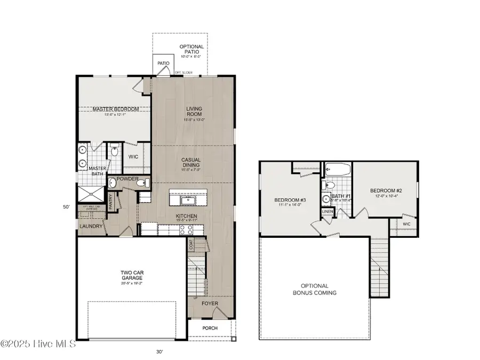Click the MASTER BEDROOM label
point(115,109)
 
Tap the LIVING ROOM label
point(194,112)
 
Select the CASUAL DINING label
point(191,162)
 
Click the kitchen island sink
point(188,200)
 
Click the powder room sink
point(113,183)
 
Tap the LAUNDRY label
point(91,227)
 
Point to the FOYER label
point(210,303)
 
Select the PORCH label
point(210,328)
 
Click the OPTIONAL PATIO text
point(191,50)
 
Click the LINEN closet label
point(326,212)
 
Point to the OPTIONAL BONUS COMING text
point(314,289)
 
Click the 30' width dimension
point(159,351)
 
